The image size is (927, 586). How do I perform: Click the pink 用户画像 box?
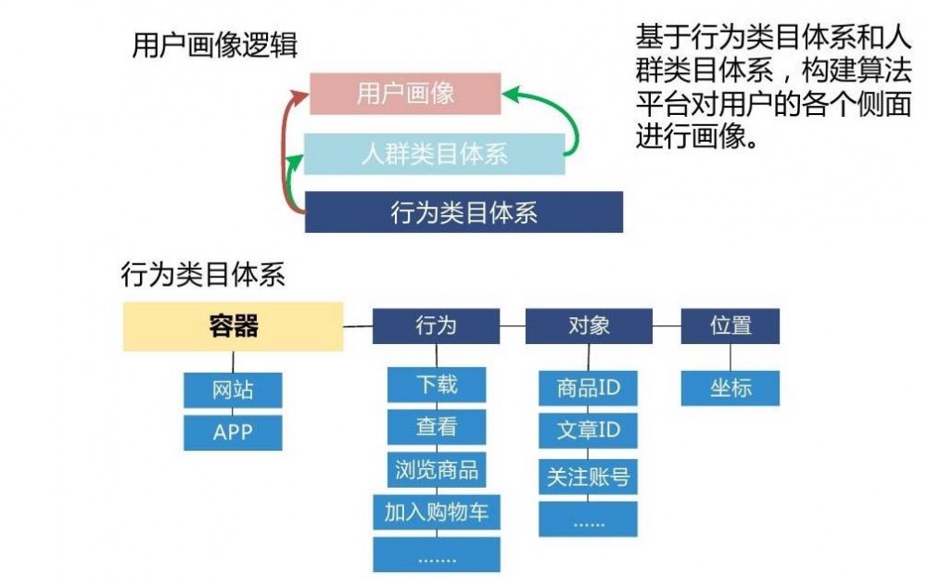[405, 94]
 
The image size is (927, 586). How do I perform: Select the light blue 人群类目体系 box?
[435, 154]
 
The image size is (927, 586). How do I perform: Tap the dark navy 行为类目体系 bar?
[463, 212]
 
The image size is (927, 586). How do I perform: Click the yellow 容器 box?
[233, 326]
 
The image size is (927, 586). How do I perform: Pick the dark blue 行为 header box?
[436, 326]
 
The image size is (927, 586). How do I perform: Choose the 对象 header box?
[589, 326]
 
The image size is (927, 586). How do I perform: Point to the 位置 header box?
[730, 326]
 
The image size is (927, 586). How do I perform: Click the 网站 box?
[233, 389]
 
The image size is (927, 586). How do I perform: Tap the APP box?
[233, 432]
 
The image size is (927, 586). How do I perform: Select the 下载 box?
[437, 384]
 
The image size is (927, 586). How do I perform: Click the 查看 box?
[437, 427]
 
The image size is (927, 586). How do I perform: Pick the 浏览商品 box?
[437, 469]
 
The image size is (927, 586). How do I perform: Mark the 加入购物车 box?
[437, 512]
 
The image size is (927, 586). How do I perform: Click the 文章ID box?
[589, 431]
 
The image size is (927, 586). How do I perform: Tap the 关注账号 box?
[589, 477]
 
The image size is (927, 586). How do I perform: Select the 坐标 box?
[730, 389]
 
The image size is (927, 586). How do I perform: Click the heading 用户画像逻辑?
[215, 45]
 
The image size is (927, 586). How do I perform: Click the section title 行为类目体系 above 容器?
[203, 274]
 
